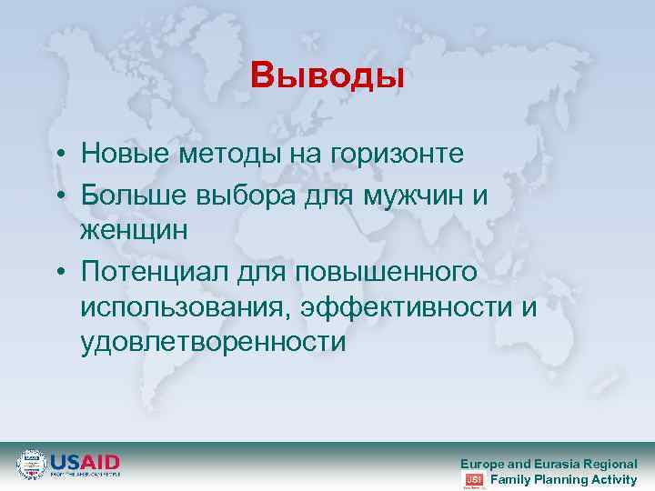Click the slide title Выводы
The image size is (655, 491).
(327, 76)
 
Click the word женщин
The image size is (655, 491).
(134, 229)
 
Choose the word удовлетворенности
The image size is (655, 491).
(213, 343)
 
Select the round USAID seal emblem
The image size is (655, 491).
(31, 464)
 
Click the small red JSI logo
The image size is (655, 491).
(473, 480)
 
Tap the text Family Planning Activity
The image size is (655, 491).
(564, 479)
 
